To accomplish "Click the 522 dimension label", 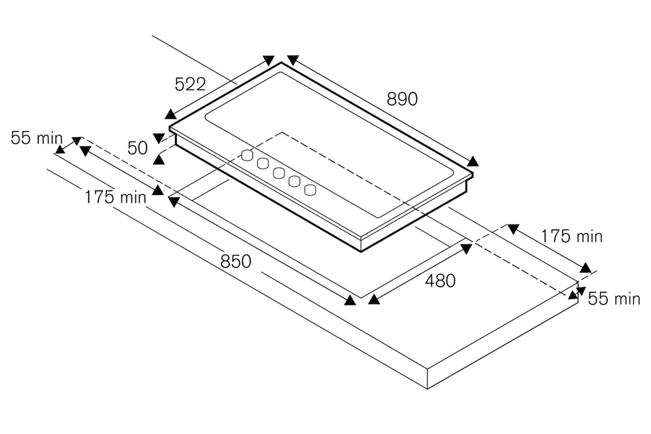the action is [190, 84].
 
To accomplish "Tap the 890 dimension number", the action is [402, 99].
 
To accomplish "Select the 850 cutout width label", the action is [236, 261].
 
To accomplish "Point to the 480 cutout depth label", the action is [440, 281].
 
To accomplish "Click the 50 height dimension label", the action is [138, 148].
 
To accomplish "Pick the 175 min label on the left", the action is [115, 197].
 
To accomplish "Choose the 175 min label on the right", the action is [572, 236].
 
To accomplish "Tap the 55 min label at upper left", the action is [36, 138].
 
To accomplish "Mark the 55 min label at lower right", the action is [614, 299].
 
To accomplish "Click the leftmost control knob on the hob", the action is [247, 155].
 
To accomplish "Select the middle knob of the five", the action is [279, 173].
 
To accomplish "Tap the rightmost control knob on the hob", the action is [310, 190].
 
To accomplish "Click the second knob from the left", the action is [263, 164].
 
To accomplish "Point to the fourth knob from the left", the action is [294, 181].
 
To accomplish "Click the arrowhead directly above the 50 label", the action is [159, 138].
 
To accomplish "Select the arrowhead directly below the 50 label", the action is [159, 160].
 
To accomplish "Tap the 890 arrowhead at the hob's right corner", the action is [473, 161].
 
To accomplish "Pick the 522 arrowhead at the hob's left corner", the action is [170, 114].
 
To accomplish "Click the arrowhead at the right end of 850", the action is [350, 300].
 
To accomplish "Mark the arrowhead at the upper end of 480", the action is [467, 249].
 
